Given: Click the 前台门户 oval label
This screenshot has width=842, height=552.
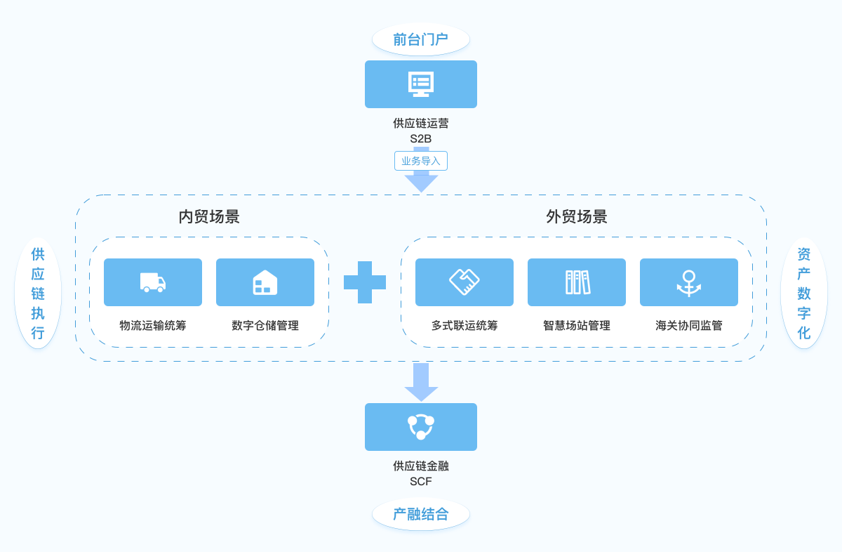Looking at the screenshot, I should pyautogui.click(x=420, y=39).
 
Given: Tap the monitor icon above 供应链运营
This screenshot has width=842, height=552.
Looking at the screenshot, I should pyautogui.click(x=421, y=84).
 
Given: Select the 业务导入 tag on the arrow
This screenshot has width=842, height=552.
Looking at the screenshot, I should pyautogui.click(x=421, y=161).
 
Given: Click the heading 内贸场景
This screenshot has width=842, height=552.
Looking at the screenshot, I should pyautogui.click(x=209, y=216).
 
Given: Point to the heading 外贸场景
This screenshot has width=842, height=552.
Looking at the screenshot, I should pyautogui.click(x=577, y=216).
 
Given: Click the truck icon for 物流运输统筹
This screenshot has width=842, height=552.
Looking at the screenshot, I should pyautogui.click(x=153, y=282).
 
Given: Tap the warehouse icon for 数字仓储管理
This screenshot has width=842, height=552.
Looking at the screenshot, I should pyautogui.click(x=265, y=282).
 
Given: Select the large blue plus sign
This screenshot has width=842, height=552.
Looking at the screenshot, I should pyautogui.click(x=365, y=282).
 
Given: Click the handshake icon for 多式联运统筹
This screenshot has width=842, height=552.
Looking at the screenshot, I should pyautogui.click(x=465, y=282).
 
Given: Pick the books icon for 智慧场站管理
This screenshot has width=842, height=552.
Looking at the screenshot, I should pyautogui.click(x=577, y=282).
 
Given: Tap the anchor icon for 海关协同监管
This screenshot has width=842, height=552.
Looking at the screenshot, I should pyautogui.click(x=689, y=282).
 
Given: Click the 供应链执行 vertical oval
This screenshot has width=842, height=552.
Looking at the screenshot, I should pyautogui.click(x=38, y=293).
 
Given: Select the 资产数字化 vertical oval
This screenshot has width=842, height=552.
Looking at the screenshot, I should pyautogui.click(x=804, y=293).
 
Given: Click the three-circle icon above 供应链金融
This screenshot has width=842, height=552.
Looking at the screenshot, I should pyautogui.click(x=421, y=426).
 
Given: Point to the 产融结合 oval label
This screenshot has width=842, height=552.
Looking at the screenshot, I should pyautogui.click(x=420, y=514).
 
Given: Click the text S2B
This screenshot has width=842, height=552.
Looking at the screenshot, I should pyautogui.click(x=421, y=138).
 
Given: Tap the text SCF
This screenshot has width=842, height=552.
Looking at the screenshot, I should pyautogui.click(x=421, y=481).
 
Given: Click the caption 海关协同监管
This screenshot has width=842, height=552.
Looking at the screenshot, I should pyautogui.click(x=689, y=325).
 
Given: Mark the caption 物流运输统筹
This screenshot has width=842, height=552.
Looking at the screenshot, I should pyautogui.click(x=153, y=325).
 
